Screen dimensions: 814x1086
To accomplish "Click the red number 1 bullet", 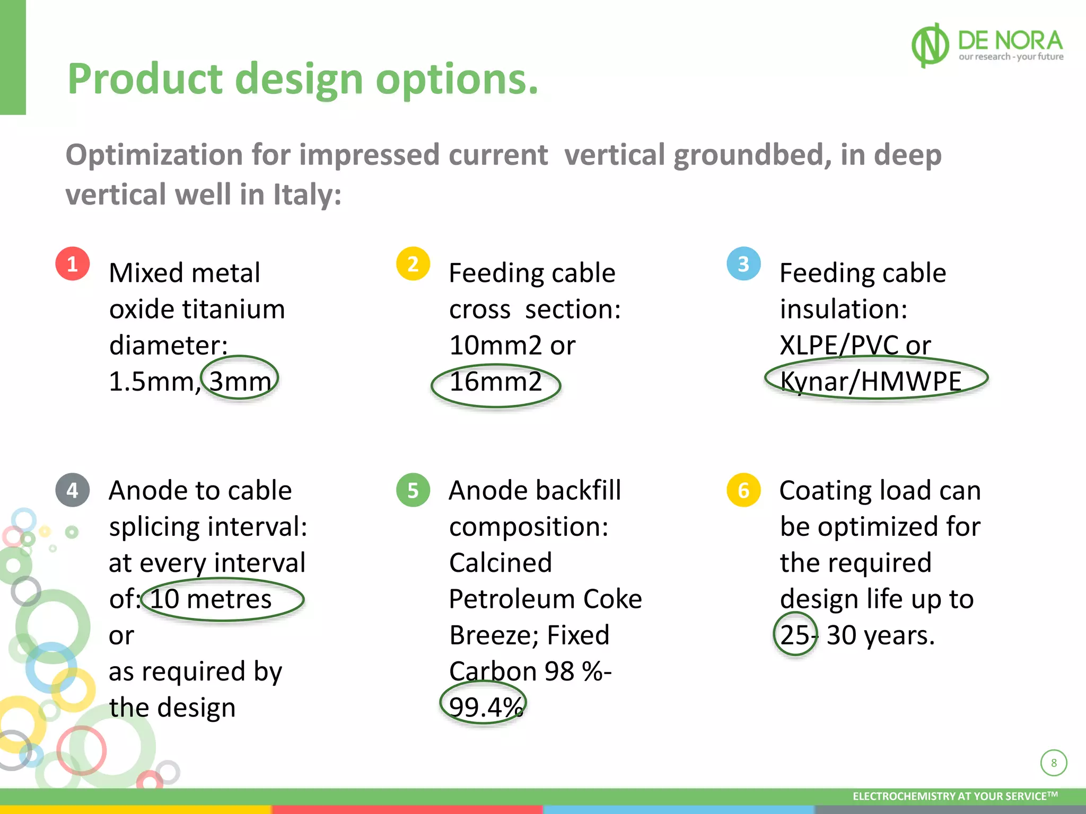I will click(x=73, y=264).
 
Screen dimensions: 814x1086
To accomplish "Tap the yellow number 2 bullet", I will click(x=413, y=264).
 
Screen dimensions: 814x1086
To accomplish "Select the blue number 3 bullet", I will click(x=743, y=264).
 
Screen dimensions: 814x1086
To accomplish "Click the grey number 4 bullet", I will click(x=73, y=490).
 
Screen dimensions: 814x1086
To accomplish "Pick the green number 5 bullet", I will click(x=413, y=490).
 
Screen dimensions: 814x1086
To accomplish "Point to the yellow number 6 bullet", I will click(x=743, y=490).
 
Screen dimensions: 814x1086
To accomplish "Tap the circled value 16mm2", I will click(x=496, y=382).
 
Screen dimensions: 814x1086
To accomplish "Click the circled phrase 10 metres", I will click(x=211, y=599).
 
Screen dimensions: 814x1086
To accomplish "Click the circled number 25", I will click(x=794, y=635).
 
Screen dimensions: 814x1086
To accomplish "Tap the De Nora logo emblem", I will click(x=930, y=46).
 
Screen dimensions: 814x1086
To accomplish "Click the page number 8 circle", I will click(x=1053, y=763).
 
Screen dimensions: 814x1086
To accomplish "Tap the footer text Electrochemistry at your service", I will click(x=954, y=796).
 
